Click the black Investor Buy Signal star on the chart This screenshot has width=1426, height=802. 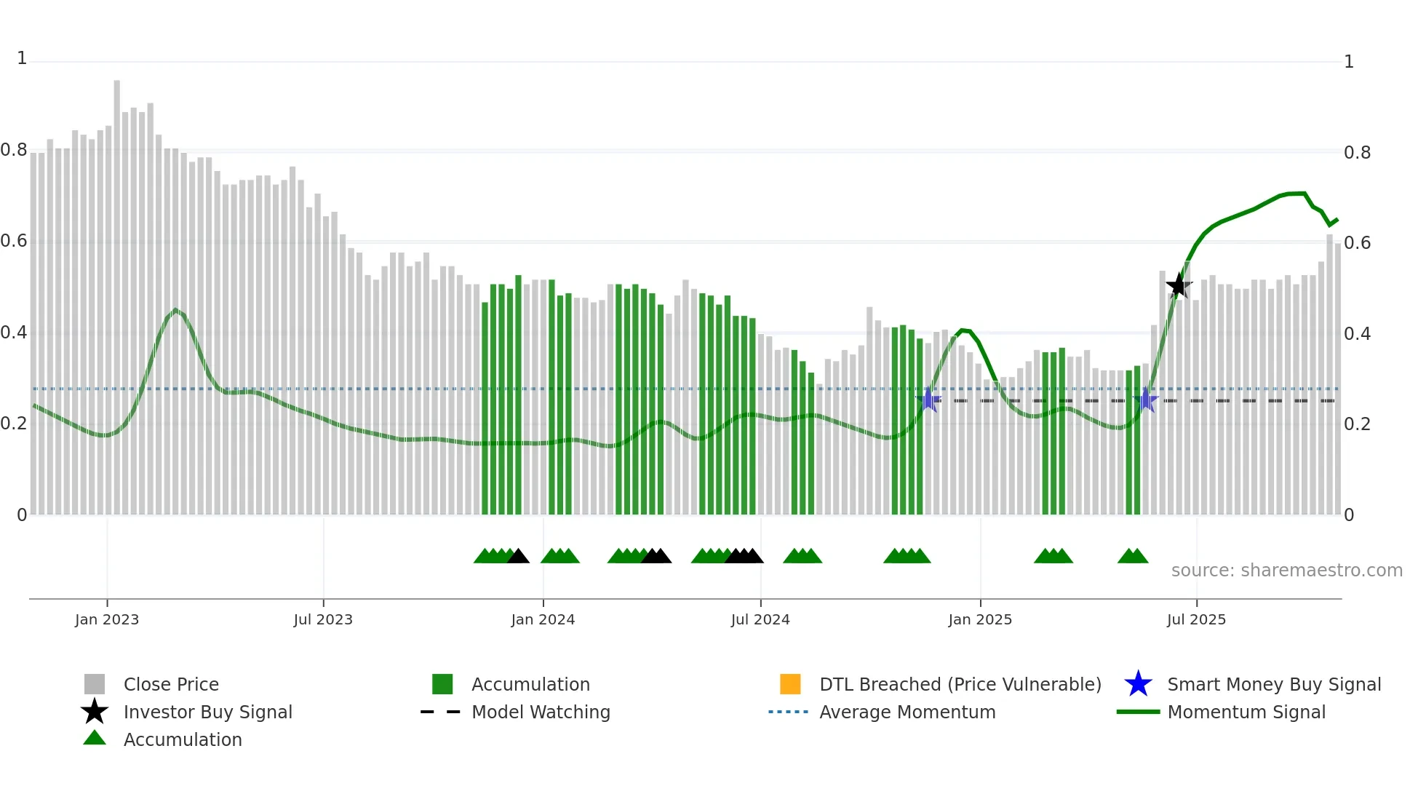coord(1178,285)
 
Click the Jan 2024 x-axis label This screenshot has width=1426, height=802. coord(543,619)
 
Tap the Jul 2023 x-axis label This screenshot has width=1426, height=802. coord(323,619)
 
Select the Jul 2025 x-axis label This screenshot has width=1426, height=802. coord(1196,619)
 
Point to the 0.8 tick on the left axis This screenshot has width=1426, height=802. coord(14,151)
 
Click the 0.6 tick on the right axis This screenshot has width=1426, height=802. coord(1357,243)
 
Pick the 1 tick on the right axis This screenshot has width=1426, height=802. coord(1348,62)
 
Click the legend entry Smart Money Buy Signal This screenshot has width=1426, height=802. coord(1273,684)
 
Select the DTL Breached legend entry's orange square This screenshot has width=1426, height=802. coord(790,684)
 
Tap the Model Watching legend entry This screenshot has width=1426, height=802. coord(541,712)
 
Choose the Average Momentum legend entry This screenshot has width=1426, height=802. coord(907,712)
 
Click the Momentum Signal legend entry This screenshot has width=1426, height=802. coord(1246,712)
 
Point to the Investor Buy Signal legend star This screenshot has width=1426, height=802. coord(95,712)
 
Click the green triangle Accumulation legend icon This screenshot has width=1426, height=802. coord(95,738)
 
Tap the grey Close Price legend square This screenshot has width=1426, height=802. coord(95,684)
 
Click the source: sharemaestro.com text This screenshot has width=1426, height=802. coord(1286,571)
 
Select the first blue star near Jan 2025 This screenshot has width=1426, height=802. coord(928,400)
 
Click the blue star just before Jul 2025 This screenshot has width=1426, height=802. coord(1146,400)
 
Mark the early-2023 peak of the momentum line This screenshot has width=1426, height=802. coord(175,309)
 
